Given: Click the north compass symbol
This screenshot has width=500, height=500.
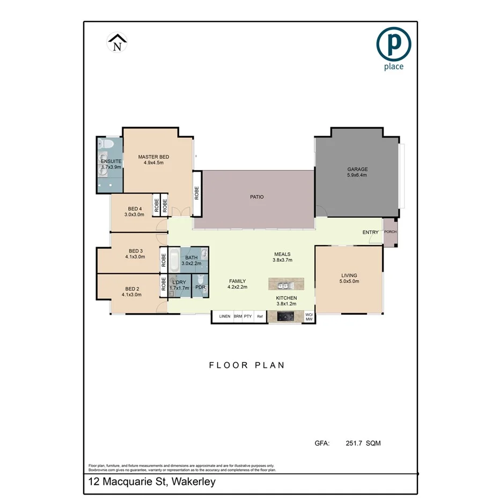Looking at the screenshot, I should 117,42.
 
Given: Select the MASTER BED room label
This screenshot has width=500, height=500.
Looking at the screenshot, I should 153,157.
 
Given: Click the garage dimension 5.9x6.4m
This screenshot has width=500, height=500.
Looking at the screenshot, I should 357,175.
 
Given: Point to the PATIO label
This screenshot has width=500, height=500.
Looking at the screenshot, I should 256,197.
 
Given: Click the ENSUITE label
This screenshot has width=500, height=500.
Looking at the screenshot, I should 112,161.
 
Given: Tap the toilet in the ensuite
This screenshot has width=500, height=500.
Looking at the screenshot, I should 106,144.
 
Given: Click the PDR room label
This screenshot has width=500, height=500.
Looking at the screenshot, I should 200,288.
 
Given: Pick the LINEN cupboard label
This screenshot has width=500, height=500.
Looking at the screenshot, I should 224,317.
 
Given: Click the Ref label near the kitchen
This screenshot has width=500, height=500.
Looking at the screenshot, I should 260,317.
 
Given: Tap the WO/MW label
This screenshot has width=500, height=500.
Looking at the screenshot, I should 309,317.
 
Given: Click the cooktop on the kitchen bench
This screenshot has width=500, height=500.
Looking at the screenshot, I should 284,317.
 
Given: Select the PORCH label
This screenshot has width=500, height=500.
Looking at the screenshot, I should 390,232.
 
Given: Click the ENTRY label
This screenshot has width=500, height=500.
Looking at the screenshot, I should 370,232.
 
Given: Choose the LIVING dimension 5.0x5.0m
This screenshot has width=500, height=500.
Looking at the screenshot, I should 349,281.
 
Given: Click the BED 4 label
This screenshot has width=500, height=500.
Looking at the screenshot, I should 135,209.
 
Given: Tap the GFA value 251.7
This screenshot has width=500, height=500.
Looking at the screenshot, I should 352,443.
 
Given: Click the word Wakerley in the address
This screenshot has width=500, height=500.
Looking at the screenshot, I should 193,482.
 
